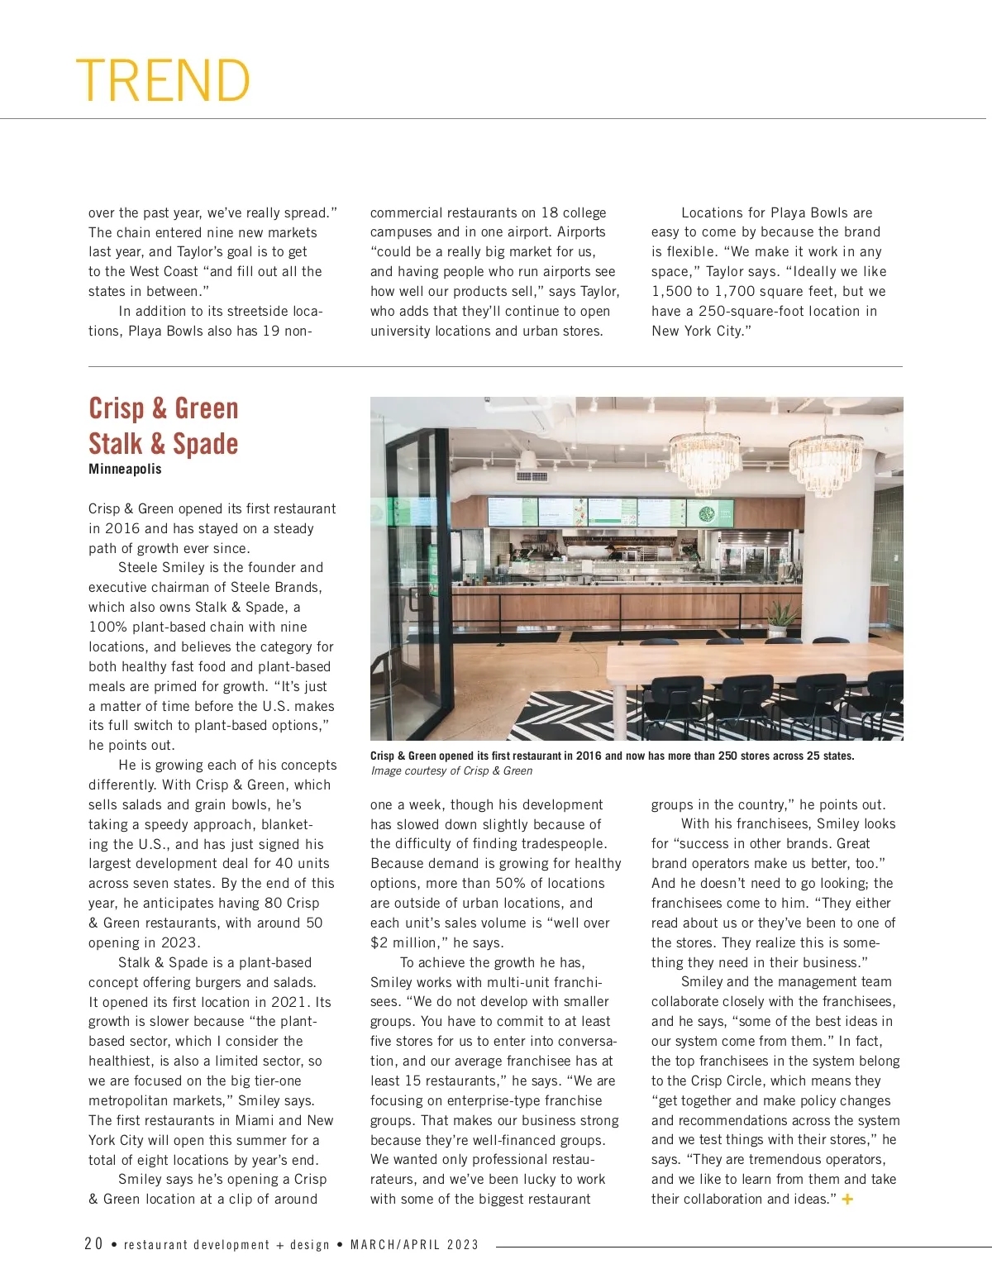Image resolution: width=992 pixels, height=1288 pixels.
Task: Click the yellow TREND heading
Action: click(163, 80)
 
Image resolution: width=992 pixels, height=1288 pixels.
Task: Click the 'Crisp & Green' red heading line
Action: click(164, 408)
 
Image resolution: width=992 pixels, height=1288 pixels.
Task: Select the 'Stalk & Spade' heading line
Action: click(164, 444)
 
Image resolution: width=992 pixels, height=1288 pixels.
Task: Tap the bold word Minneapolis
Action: click(125, 469)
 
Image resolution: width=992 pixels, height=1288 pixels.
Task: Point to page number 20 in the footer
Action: click(93, 1244)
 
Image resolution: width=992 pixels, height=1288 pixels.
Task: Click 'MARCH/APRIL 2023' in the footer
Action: click(414, 1245)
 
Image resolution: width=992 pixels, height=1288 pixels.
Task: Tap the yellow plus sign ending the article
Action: click(847, 1200)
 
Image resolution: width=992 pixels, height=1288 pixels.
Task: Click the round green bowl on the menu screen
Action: click(708, 513)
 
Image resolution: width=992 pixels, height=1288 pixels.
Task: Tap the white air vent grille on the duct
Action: click(532, 477)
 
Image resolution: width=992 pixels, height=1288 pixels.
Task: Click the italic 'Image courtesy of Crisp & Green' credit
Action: click(451, 770)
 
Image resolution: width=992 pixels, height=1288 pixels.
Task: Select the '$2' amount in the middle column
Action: click(379, 942)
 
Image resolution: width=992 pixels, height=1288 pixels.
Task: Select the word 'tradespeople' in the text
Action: click(565, 843)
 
